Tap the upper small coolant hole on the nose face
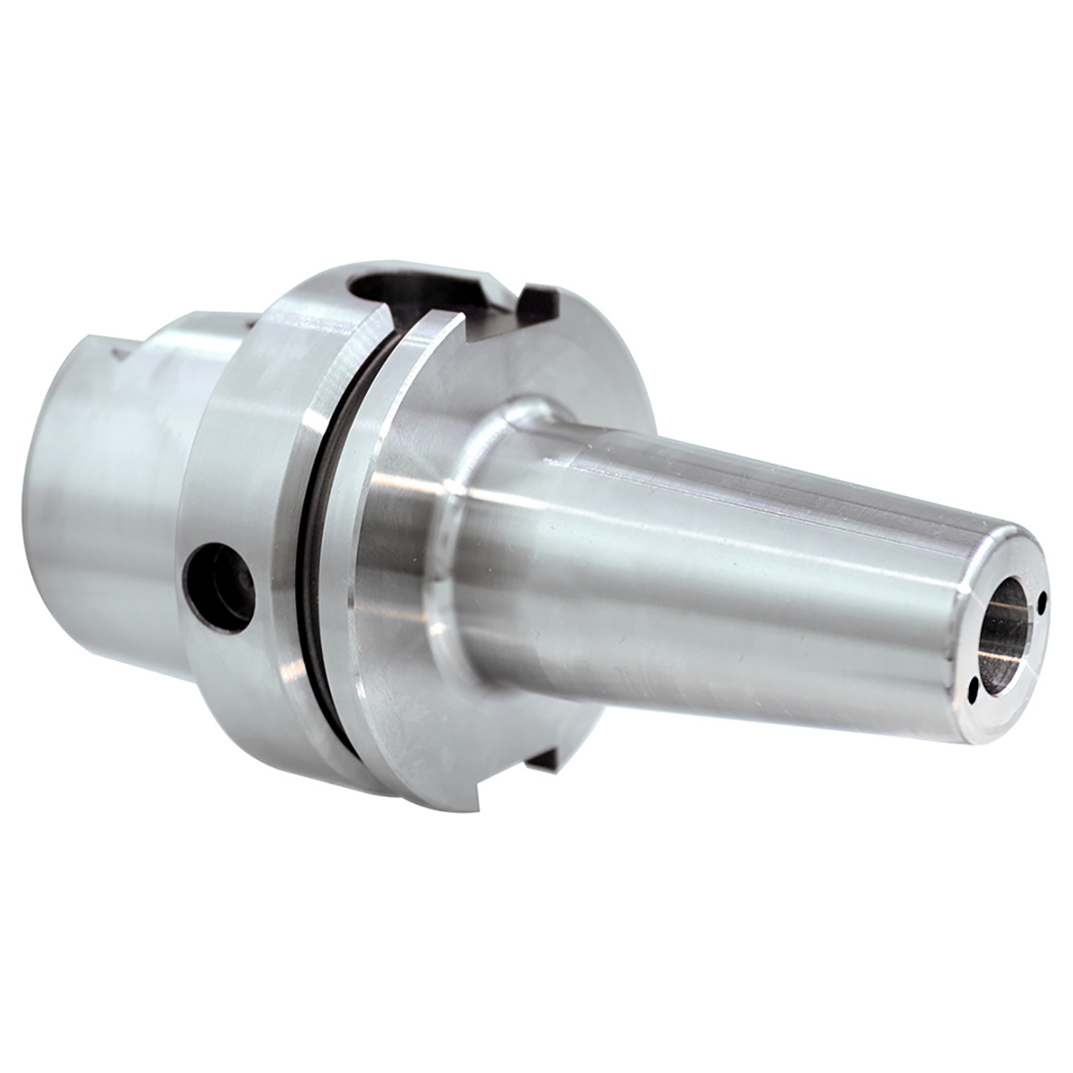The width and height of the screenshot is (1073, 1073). [x=1041, y=600]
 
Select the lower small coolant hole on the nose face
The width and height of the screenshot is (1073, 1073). [x=974, y=688]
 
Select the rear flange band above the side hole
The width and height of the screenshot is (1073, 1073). [x=251, y=436]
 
